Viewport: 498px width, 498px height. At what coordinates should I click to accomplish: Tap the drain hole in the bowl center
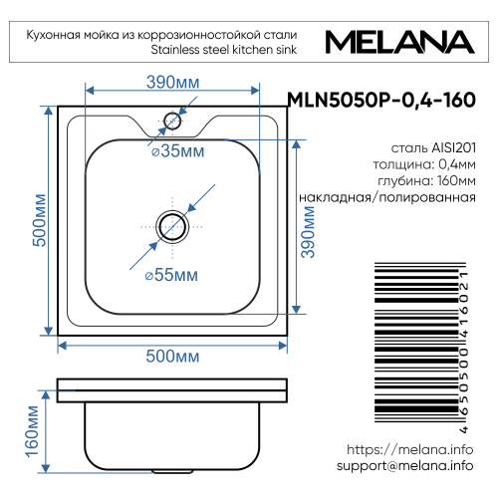172,226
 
